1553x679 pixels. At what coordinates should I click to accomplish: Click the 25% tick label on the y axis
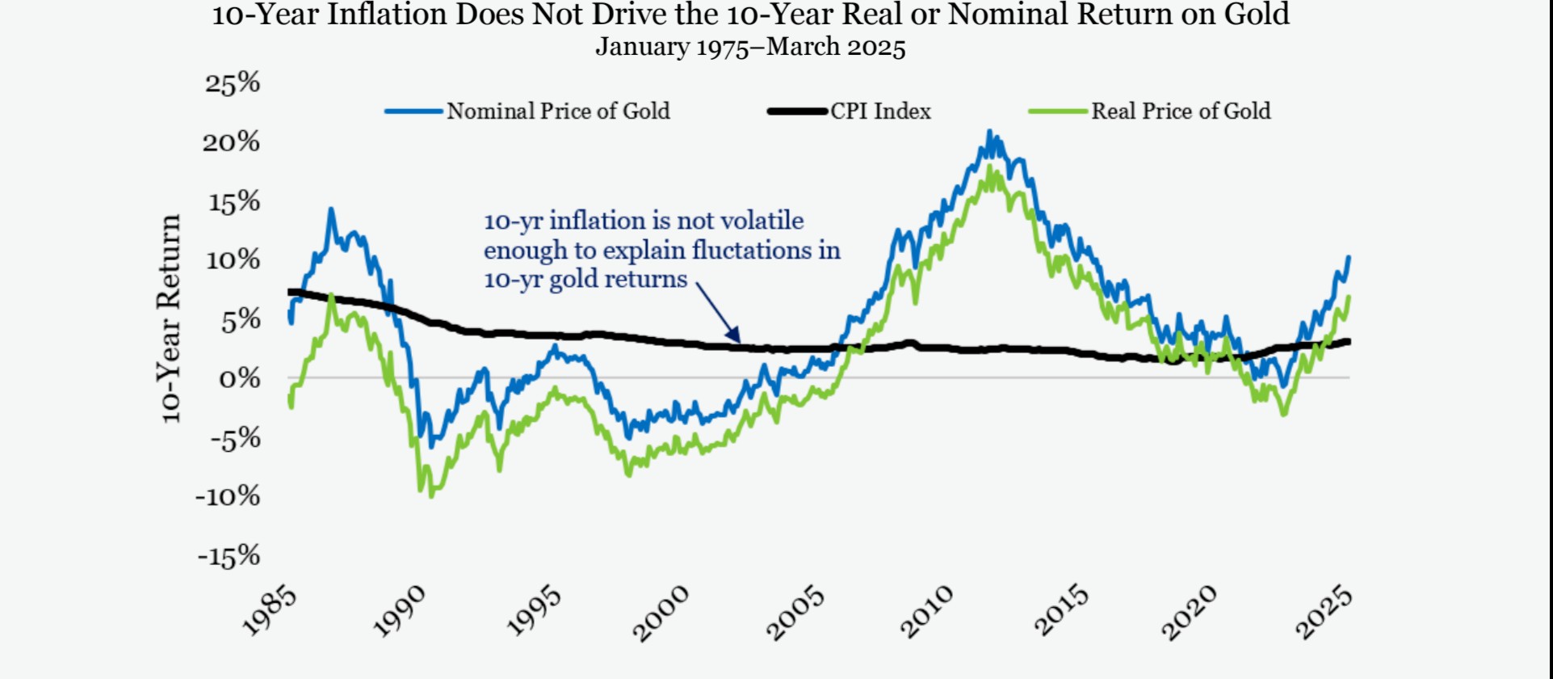233,82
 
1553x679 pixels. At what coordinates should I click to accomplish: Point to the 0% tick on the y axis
240,378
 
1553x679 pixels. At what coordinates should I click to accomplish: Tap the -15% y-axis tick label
229,555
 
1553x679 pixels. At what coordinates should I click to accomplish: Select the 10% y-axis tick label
233,260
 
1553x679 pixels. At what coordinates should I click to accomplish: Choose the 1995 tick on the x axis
534,613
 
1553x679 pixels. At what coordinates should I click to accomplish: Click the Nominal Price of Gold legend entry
558,111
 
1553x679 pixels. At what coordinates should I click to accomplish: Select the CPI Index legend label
880,111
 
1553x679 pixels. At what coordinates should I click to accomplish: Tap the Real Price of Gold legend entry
1181,111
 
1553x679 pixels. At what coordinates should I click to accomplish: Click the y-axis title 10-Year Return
170,318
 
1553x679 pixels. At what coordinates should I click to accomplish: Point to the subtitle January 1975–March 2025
750,47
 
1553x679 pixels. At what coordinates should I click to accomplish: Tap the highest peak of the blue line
989,132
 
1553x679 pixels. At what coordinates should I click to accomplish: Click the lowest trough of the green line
430,495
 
